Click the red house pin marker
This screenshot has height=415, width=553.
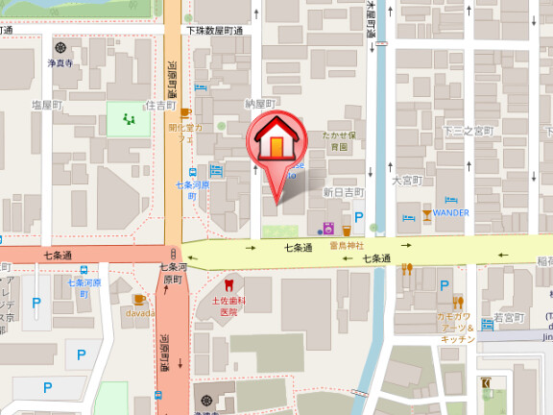[x=275, y=145]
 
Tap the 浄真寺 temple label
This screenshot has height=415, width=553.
[x=61, y=63]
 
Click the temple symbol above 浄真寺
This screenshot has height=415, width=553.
[x=61, y=47]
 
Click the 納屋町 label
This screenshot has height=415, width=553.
[x=260, y=103]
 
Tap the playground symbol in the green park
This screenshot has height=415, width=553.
[x=129, y=120]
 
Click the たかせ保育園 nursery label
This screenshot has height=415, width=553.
[x=339, y=141]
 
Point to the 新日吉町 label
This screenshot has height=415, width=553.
[x=343, y=192]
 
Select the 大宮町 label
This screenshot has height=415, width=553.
[x=407, y=180]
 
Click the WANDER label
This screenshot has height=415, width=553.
[x=450, y=212]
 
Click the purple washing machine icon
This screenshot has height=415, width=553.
[x=327, y=230]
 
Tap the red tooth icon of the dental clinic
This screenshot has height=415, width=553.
[x=228, y=284]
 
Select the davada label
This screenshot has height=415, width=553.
[x=139, y=313]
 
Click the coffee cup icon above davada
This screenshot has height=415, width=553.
[x=139, y=299]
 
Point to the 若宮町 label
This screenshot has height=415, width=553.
[x=508, y=317]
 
